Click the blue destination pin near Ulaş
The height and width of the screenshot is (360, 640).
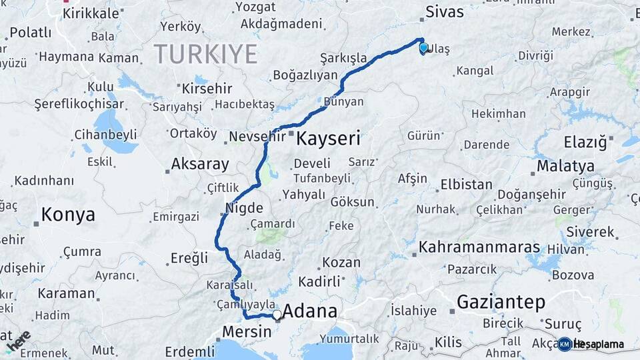point(423,48)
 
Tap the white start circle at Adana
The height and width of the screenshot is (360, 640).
point(277,314)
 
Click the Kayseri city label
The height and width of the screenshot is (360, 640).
point(327,139)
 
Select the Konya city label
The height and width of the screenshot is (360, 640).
point(68,215)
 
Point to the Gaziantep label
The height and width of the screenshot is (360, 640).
point(501,301)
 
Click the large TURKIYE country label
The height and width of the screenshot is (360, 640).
point(205,54)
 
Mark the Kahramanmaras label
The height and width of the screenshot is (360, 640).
point(479,247)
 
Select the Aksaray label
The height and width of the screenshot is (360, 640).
point(200,163)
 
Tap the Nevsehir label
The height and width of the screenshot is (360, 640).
point(257,137)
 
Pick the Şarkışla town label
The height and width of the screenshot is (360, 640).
point(343,58)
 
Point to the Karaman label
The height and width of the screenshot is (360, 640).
point(66,293)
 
